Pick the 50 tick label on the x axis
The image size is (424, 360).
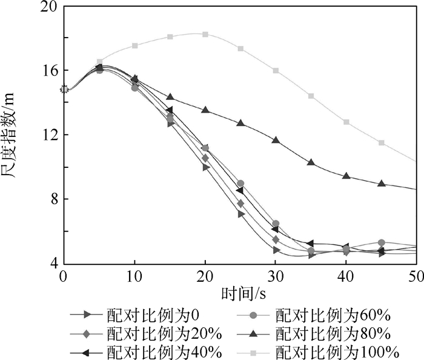click(x=416, y=276)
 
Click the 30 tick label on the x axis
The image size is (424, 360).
click(x=276, y=276)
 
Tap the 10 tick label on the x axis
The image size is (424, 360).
click(x=134, y=276)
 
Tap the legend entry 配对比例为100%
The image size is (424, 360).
click(x=332, y=352)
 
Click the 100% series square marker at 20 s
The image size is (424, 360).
click(x=205, y=34)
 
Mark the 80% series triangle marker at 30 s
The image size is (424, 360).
click(x=276, y=140)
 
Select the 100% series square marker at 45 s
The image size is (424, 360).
click(x=382, y=142)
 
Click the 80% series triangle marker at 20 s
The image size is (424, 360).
click(x=205, y=110)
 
